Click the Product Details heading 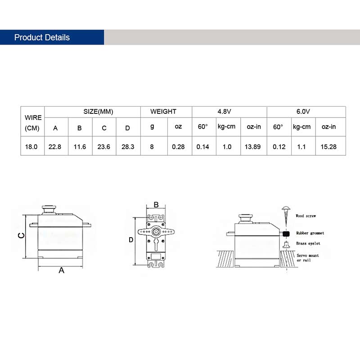coord(42,37)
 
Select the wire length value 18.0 coord(33,147)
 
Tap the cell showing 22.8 coord(55,147)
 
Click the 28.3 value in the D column coord(128,147)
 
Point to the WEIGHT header coord(163,112)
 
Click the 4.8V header coord(229,112)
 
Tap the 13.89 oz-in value coord(254,147)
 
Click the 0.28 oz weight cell coord(178,147)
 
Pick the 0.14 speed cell coord(203,147)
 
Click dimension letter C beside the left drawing coord(20,236)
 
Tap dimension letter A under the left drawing coord(62,270)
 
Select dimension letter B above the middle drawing coord(156,205)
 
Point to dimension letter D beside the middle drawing coord(131,240)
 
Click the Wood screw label coord(306,216)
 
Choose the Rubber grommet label coord(310,233)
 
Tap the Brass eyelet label coord(308,243)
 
